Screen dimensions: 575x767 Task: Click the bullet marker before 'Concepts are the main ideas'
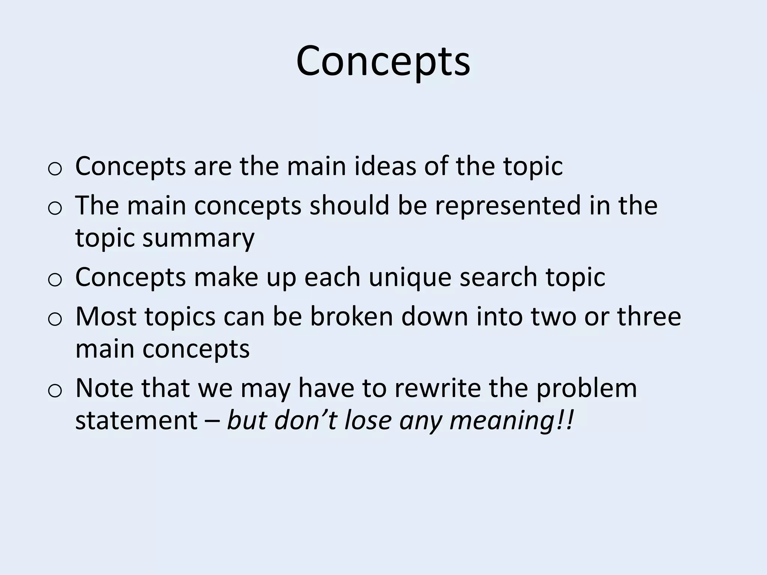coord(55,169)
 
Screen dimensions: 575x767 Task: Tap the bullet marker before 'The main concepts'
coord(55,209)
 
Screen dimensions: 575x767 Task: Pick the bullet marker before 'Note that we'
coord(55,391)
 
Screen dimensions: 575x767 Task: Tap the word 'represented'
coord(507,206)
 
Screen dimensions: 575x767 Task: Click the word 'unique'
coord(410,278)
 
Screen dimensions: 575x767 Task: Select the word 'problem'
coord(586,388)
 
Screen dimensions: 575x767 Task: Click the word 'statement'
coord(136,420)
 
